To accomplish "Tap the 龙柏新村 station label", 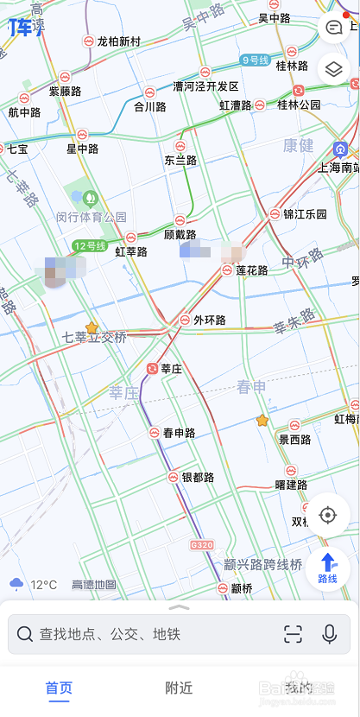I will [x=118, y=41].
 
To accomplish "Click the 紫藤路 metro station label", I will [x=65, y=91].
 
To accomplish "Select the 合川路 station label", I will [x=149, y=106].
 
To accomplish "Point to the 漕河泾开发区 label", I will [x=205, y=86].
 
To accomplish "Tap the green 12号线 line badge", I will [x=89, y=246].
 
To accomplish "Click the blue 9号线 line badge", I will [x=256, y=60].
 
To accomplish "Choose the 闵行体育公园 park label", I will [x=92, y=217].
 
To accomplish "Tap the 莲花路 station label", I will [x=251, y=270].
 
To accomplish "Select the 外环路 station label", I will [x=209, y=320].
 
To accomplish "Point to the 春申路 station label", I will [x=179, y=432].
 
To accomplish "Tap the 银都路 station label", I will [x=197, y=477].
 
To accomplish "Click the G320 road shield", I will [x=201, y=545].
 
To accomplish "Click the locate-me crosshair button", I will [x=327, y=516].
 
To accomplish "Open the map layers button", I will [x=332, y=67].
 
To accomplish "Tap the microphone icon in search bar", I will [x=329, y=634].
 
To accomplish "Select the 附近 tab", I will [x=179, y=688].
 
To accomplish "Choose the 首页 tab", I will [x=59, y=688].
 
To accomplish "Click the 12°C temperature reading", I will [x=43, y=584].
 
